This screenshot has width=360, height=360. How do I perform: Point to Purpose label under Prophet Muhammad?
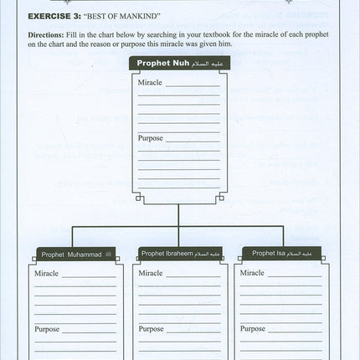tap(48, 329)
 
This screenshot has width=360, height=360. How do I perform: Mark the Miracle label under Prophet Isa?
tap(252, 273)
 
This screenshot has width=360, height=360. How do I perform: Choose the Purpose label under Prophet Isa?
tap(253, 328)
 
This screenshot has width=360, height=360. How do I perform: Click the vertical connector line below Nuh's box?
tap(179, 214)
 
